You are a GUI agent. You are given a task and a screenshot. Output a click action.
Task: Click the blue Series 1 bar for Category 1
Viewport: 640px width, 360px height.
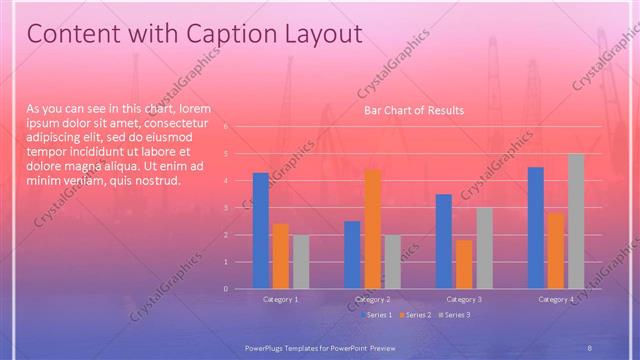pos(261,230)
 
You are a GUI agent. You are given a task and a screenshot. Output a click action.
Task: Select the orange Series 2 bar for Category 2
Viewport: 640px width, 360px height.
pos(372,229)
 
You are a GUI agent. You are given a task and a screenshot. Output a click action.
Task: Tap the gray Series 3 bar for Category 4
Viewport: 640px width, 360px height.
pos(576,221)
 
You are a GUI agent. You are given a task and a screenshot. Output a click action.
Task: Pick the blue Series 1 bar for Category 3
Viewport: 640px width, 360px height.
pos(444,241)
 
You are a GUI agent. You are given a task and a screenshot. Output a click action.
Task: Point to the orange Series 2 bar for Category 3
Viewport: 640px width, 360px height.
pos(464,264)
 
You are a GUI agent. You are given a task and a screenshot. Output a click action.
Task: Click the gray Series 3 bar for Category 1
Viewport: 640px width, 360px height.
pos(301,261)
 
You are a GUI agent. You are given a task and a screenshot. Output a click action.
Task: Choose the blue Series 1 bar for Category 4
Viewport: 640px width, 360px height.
pos(536,228)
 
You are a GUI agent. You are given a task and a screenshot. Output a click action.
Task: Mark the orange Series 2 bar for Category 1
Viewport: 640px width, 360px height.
pos(281,256)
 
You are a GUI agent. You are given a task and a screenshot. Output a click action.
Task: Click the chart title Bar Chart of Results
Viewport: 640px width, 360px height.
pos(413,110)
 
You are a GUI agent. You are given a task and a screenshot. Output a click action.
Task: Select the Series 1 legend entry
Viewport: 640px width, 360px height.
pos(377,315)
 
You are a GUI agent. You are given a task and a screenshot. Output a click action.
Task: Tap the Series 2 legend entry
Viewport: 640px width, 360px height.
pos(415,315)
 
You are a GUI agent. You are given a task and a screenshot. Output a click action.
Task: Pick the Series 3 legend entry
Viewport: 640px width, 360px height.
pos(453,315)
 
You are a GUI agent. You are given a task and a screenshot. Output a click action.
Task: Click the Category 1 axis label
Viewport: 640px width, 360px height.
pos(280,299)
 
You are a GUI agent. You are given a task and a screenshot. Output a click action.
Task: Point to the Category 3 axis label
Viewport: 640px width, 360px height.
pos(463,299)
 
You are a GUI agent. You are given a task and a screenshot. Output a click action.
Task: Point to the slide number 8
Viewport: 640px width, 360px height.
pos(590,346)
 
